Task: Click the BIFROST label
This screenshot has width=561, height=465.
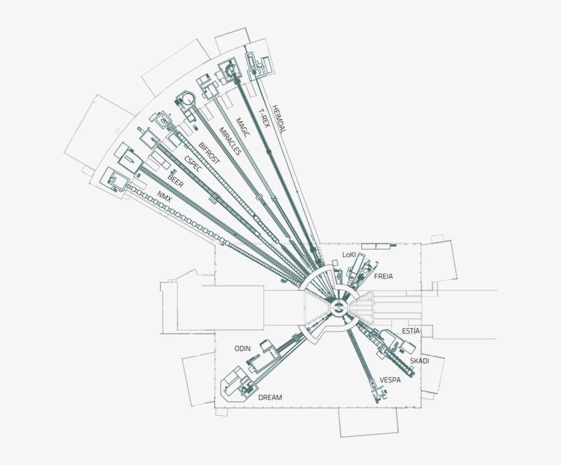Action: (x=209, y=155)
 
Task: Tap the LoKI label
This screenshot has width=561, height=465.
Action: (x=350, y=254)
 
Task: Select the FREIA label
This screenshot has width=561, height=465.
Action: (x=384, y=277)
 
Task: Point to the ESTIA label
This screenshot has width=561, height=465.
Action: (x=410, y=331)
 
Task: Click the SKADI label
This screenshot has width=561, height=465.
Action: (x=419, y=360)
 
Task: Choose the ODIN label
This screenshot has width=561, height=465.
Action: (x=243, y=349)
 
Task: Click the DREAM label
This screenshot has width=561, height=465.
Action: (x=270, y=397)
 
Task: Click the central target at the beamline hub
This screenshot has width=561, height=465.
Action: (x=337, y=309)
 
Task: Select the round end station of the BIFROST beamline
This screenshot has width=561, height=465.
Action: (x=185, y=100)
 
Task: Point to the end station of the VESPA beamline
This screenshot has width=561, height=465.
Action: (x=375, y=395)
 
